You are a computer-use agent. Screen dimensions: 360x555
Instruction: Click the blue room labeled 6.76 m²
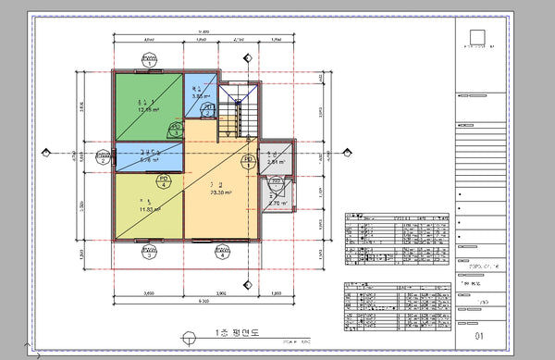coord(148,155)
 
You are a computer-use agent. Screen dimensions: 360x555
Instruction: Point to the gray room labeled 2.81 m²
coord(274,157)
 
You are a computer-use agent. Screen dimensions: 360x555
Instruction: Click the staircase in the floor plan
coord(237,116)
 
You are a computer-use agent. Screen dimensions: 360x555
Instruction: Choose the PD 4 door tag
coord(164,180)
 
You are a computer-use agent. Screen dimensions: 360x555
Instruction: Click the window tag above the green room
coord(148,59)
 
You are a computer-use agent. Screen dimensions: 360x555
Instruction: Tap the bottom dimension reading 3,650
coord(147,293)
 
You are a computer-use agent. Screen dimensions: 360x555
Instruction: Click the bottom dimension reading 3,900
coord(220,293)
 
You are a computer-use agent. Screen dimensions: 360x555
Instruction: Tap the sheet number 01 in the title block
coord(478,336)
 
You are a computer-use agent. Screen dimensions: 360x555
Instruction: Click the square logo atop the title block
coord(477,39)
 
